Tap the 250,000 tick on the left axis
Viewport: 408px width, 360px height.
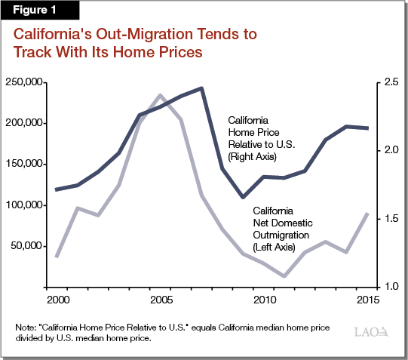24,82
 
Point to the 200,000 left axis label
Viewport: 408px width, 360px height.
24,123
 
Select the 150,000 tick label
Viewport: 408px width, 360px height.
24,164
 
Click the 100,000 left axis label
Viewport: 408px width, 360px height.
24,205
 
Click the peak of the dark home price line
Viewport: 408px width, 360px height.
201,88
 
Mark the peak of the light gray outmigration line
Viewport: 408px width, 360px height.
160,95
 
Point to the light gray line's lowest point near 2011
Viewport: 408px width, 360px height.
284,276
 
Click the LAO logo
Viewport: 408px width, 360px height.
370,331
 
